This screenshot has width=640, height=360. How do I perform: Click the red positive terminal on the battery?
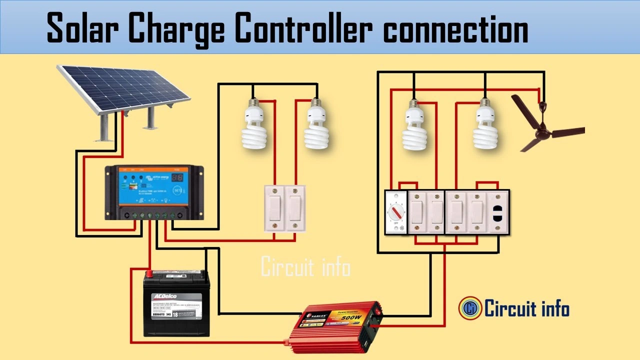149,273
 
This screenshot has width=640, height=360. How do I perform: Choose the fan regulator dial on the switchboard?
396,212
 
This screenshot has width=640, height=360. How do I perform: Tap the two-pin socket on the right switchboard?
498,211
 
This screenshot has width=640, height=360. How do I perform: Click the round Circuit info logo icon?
470,308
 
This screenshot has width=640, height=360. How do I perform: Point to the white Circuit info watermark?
305,268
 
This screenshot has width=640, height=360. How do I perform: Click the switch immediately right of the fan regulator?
417,212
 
